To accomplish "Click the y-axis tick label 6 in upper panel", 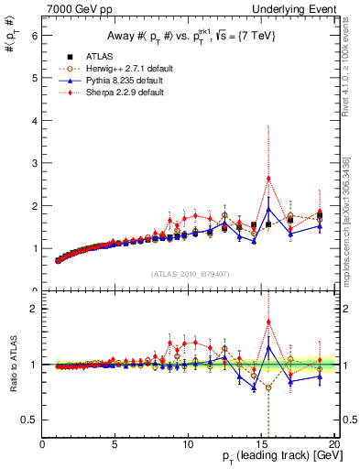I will (x=35, y=36).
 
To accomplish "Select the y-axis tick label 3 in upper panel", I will (x=35, y=163).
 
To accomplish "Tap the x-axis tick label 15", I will (x=261, y=445).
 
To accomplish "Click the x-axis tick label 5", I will (x=115, y=445).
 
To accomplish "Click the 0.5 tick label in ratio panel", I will (x=31, y=420).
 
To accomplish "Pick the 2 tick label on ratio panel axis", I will (x=35, y=309).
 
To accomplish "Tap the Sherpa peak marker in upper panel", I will (x=268, y=178).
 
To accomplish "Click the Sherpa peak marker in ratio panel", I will (x=268, y=322).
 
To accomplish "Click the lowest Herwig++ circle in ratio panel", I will (x=268, y=387).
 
